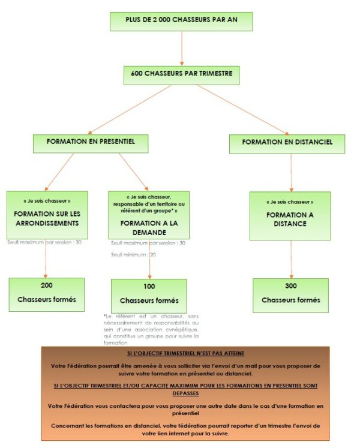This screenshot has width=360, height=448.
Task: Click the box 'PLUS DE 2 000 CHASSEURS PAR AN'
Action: (181, 21)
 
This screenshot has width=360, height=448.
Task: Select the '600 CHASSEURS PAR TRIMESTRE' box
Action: (181, 75)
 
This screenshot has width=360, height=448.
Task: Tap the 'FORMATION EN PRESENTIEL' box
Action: (90, 143)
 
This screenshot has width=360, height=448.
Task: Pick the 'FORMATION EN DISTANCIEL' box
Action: (289, 143)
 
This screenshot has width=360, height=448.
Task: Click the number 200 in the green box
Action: (47, 285)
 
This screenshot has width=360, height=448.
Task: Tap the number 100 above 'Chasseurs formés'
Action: (148, 287)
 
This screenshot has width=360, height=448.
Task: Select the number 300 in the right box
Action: (290, 285)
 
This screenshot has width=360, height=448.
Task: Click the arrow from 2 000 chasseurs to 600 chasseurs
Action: (181, 48)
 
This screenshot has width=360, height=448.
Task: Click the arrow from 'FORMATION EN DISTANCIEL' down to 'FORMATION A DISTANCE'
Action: (291, 172)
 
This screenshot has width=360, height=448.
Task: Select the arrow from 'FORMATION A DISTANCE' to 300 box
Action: (291, 259)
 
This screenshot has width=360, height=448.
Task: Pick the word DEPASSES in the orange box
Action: (185, 394)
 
